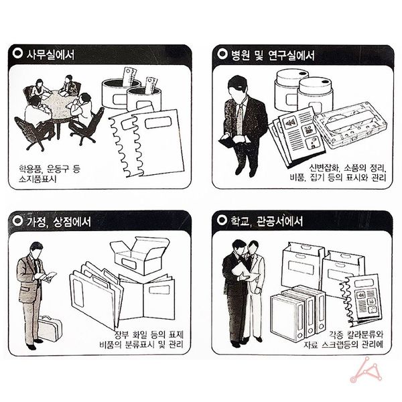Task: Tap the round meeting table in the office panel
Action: coord(57,107)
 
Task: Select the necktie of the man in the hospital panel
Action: coord(239,121)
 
